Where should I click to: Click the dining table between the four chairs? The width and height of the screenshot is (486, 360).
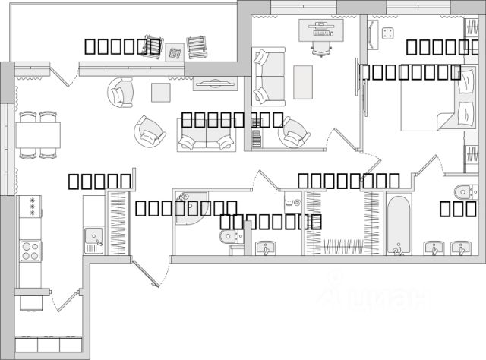[x=38, y=136]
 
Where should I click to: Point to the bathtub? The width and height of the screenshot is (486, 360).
[x=399, y=225]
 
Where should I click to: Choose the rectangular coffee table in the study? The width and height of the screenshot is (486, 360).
[x=302, y=81]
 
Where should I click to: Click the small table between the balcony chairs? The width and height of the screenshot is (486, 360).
[x=175, y=52]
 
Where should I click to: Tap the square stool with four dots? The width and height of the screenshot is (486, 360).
[x=389, y=34]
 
